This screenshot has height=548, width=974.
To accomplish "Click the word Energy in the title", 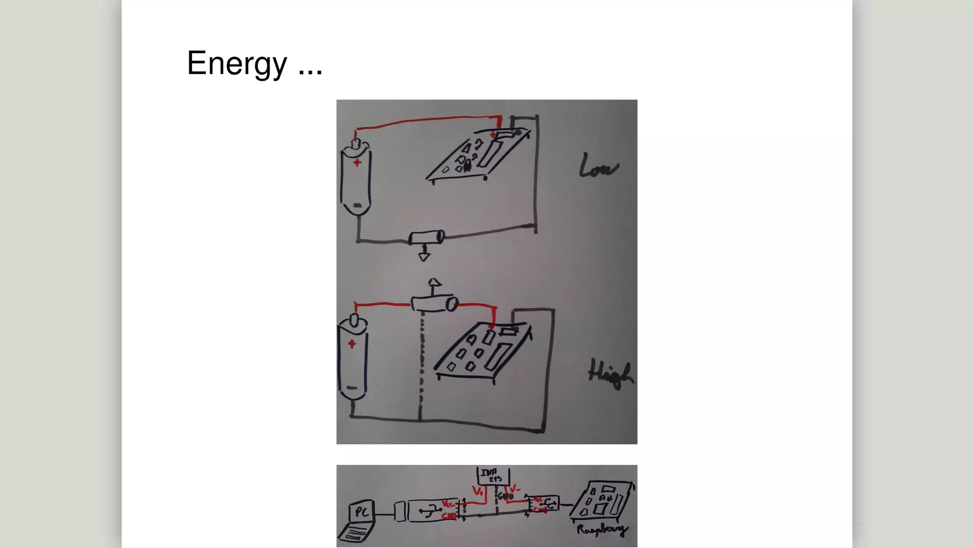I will (x=237, y=63).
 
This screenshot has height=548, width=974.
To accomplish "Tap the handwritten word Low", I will (x=598, y=166).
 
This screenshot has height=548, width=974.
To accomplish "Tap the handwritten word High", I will (x=611, y=374).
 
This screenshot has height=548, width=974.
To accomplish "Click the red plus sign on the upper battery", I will (x=357, y=163).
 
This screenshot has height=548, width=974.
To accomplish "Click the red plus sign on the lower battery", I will (x=351, y=344).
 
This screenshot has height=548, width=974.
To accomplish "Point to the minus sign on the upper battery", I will (x=358, y=205).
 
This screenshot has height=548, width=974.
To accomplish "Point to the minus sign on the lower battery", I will (x=352, y=388).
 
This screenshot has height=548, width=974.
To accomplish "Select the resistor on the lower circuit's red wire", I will (x=434, y=303).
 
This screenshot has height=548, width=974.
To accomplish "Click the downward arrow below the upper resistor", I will (x=424, y=256).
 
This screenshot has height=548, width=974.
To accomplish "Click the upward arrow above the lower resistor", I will (x=434, y=284).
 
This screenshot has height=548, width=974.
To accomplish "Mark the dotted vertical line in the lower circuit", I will (x=421, y=366).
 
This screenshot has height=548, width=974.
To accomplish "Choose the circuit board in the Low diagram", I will (x=478, y=155).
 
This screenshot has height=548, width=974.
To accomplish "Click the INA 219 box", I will (x=493, y=476).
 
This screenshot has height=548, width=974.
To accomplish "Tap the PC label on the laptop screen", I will (x=361, y=512).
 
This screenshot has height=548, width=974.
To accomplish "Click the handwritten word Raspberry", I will (x=602, y=529).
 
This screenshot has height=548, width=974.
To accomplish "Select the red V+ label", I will (x=478, y=490).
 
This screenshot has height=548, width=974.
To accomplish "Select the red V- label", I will (x=515, y=489).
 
